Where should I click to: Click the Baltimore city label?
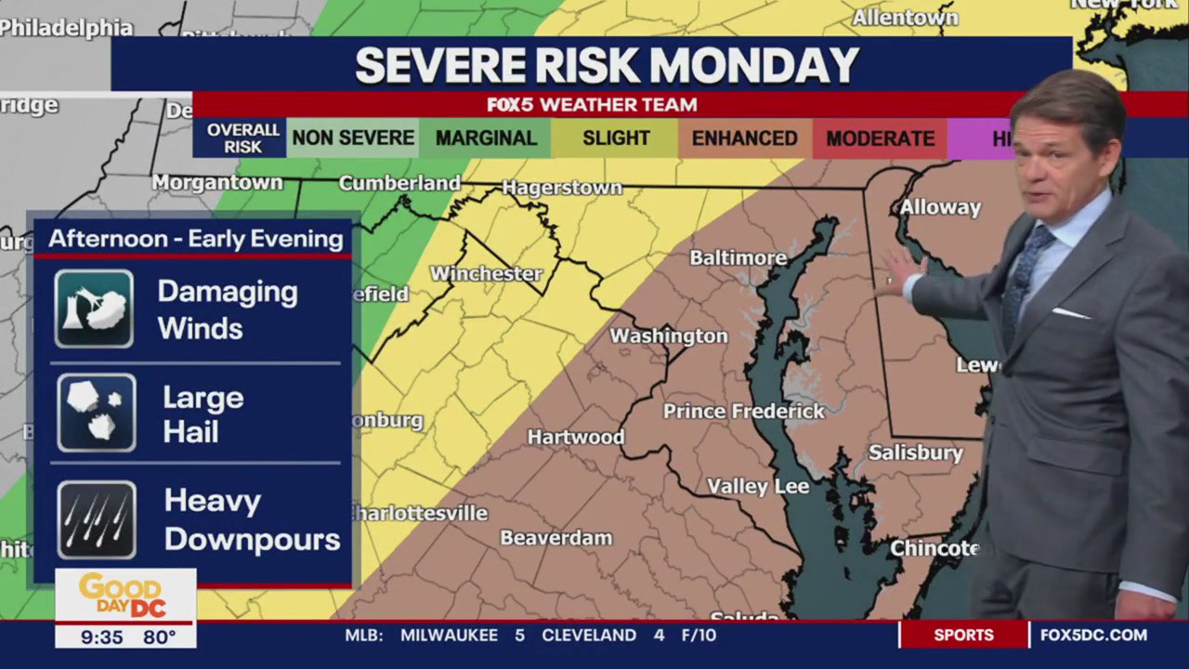(738, 257)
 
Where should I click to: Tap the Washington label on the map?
(668, 335)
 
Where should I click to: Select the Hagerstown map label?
(562, 188)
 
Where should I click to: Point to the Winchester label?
(486, 273)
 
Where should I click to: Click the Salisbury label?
(915, 453)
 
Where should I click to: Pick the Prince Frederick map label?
(743, 411)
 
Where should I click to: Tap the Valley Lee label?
(758, 486)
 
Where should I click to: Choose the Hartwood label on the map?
(575, 437)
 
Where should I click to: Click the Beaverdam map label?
(555, 538)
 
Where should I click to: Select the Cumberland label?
(399, 183)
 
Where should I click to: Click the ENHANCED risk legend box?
(744, 138)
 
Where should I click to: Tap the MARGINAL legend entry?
(486, 138)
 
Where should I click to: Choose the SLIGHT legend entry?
(616, 138)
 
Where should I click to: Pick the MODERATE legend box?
(880, 138)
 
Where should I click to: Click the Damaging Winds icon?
(94, 309)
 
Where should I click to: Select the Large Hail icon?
(97, 413)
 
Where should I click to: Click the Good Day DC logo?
(124, 595)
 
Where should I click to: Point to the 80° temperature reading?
(159, 637)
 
